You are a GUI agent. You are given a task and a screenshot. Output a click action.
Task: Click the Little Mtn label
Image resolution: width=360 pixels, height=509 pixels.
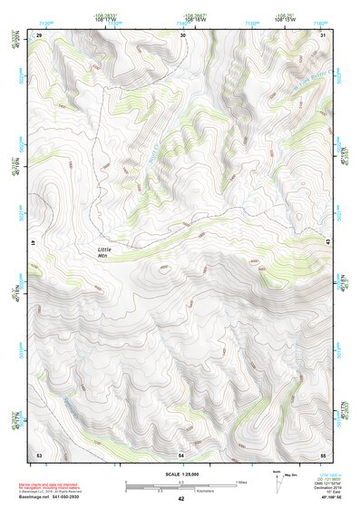click(x=109, y=253)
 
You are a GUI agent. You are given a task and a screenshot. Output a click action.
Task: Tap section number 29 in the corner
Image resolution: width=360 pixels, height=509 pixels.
click(x=39, y=34)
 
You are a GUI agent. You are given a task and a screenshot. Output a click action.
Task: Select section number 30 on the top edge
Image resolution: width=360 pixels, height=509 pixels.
click(x=183, y=34)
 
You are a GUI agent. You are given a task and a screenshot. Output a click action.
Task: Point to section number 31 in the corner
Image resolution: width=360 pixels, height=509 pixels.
click(x=324, y=34)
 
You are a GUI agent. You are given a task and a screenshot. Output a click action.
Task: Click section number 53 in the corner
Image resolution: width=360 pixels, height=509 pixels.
click(x=39, y=454)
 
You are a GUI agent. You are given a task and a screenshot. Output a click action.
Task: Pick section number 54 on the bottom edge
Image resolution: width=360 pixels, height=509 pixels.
click(x=181, y=454)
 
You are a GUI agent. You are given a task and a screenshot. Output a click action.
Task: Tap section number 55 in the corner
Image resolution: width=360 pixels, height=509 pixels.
click(x=323, y=454)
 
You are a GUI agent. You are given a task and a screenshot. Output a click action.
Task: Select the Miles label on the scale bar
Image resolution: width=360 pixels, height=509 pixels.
click(x=240, y=481)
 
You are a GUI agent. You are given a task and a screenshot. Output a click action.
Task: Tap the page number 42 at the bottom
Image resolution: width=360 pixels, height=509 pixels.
click(x=181, y=499)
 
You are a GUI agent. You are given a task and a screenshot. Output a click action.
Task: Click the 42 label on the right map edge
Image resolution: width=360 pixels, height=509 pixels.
click(x=325, y=244)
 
